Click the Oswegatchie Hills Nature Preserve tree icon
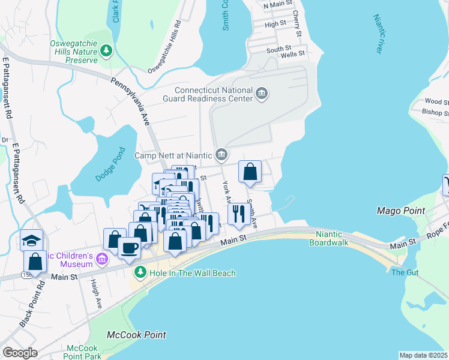pyautogui.click(x=106, y=50)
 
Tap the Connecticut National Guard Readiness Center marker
pyautogui.click(x=262, y=93)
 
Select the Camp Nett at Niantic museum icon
pyautogui.click(x=221, y=155)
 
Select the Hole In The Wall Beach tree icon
pyautogui.click(x=140, y=273)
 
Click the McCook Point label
pyautogui.click(x=136, y=334)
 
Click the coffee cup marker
pyautogui.click(x=129, y=246)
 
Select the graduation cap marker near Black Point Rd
pyautogui.click(x=31, y=240)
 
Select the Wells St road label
pyautogui.click(x=294, y=53)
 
